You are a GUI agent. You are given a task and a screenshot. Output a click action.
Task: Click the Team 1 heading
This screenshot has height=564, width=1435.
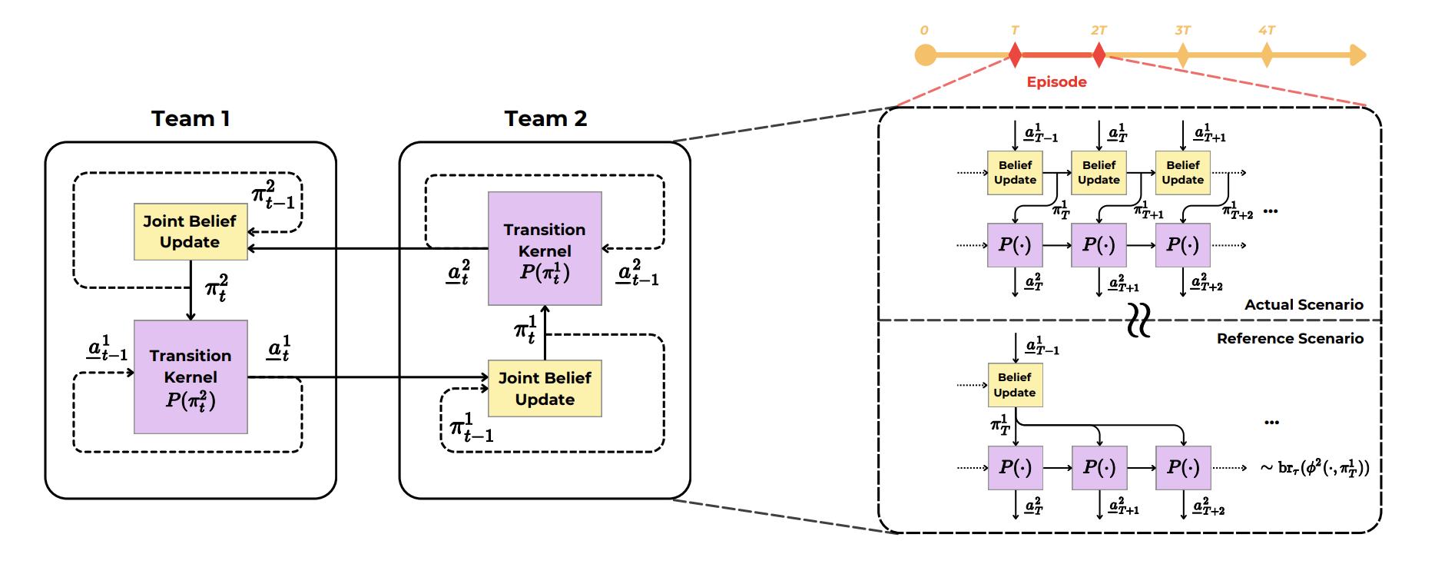click(191, 118)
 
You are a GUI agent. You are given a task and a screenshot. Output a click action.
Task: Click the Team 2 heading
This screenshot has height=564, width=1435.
click(545, 118)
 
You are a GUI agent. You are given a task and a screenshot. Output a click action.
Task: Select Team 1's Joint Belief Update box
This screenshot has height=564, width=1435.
click(191, 231)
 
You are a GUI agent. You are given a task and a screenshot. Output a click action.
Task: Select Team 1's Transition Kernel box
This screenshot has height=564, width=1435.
click(191, 377)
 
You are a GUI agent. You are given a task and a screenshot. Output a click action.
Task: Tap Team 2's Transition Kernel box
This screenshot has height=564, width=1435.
click(545, 248)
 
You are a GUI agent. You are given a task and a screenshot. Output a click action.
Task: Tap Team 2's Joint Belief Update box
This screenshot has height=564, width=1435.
click(545, 388)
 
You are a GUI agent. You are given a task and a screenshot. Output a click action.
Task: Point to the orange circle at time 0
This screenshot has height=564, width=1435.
click(926, 55)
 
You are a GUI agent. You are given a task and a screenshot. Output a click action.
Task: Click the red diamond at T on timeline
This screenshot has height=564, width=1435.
click(1015, 55)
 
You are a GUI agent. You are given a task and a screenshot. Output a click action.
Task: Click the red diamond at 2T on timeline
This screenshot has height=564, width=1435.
click(1099, 55)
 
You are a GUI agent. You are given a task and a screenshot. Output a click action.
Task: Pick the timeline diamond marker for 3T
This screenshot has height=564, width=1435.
click(1182, 55)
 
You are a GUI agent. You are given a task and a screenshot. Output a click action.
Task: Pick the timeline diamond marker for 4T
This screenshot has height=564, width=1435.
click(1266, 55)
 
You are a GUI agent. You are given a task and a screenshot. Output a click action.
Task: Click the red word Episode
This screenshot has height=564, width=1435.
click(1056, 82)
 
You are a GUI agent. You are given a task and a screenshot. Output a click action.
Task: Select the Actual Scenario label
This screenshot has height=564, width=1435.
click(1304, 305)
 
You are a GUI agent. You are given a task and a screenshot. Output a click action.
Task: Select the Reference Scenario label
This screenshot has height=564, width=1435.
click(1290, 339)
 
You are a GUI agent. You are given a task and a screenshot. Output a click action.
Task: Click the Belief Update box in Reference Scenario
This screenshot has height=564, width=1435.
click(1015, 385)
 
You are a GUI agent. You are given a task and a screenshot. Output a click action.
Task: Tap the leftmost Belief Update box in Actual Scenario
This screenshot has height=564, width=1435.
click(1015, 172)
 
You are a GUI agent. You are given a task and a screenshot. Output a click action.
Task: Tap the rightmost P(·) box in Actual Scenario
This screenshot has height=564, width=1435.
click(1182, 245)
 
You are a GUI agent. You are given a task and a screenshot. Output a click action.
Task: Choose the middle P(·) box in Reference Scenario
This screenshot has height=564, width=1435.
click(1099, 467)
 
